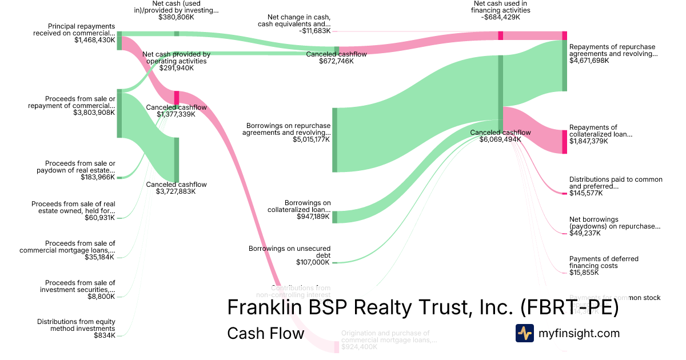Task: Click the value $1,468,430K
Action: (x=95, y=40)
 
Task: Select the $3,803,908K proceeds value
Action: (x=95, y=112)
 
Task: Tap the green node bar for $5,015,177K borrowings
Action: (x=335, y=139)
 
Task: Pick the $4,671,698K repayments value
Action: (x=589, y=61)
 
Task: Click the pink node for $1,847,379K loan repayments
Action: (x=564, y=142)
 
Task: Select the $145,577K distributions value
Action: (x=586, y=193)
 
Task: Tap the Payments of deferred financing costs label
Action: (x=604, y=262)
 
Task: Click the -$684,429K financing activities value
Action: (x=501, y=17)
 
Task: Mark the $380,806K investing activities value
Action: (x=177, y=17)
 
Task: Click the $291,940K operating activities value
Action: (x=177, y=67)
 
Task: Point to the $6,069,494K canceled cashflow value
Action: (x=500, y=139)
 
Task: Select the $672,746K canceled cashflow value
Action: (x=336, y=61)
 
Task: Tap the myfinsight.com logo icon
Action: (x=524, y=333)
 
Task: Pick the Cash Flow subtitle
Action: (x=266, y=333)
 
